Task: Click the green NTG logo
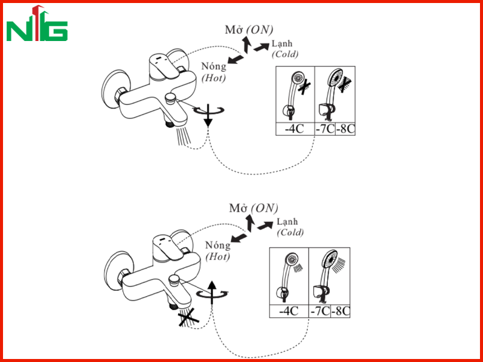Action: point(37,24)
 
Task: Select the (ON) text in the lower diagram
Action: point(264,208)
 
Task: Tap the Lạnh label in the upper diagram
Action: point(282,44)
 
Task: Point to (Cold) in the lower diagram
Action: point(290,232)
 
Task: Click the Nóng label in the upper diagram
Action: point(214,66)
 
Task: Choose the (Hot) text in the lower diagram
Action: point(218,256)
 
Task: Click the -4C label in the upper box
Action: point(294,129)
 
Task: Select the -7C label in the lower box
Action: point(320,311)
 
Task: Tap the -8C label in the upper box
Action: point(345,129)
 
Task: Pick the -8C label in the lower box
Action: point(341,311)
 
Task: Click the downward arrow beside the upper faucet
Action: point(208,115)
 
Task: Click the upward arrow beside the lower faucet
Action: point(212,293)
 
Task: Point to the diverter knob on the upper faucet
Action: point(170,98)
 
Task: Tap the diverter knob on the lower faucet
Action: point(174,280)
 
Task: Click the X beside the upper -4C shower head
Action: point(304,86)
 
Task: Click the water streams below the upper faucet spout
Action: point(184,136)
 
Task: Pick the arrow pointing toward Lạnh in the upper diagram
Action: point(261,47)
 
